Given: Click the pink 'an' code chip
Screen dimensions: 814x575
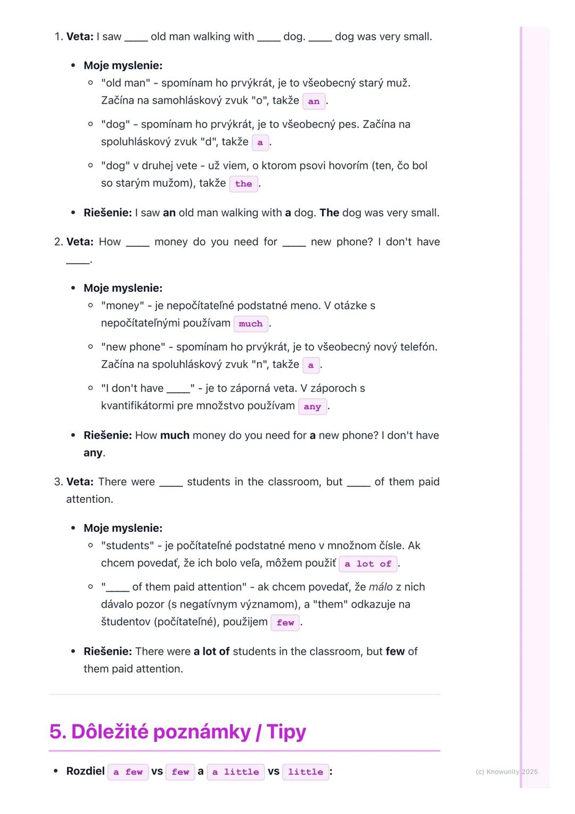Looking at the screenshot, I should tap(314, 101).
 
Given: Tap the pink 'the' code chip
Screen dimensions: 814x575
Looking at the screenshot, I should tap(243, 184).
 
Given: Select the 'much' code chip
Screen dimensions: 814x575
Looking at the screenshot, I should tap(250, 323).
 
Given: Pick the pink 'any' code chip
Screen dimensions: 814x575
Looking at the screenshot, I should tap(312, 406).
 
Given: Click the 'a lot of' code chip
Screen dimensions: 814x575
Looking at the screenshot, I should tap(368, 564).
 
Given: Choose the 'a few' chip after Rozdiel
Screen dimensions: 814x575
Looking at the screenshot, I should tap(128, 772).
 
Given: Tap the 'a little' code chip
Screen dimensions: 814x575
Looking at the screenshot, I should tap(235, 772).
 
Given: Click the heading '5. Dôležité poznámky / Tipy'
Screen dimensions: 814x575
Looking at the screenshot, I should tap(178, 732).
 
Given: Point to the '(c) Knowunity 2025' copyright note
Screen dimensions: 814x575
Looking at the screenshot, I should tap(506, 771).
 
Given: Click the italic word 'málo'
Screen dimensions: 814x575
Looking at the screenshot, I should tap(381, 587).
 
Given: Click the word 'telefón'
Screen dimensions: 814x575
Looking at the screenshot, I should tap(417, 347).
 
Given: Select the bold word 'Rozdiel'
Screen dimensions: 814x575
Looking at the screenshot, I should tap(85, 771).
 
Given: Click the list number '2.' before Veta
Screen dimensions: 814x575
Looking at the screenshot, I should tap(59, 242).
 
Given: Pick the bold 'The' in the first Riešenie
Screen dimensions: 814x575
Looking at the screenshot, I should tap(329, 213).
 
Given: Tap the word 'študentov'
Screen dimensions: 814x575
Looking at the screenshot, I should tap(127, 622).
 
